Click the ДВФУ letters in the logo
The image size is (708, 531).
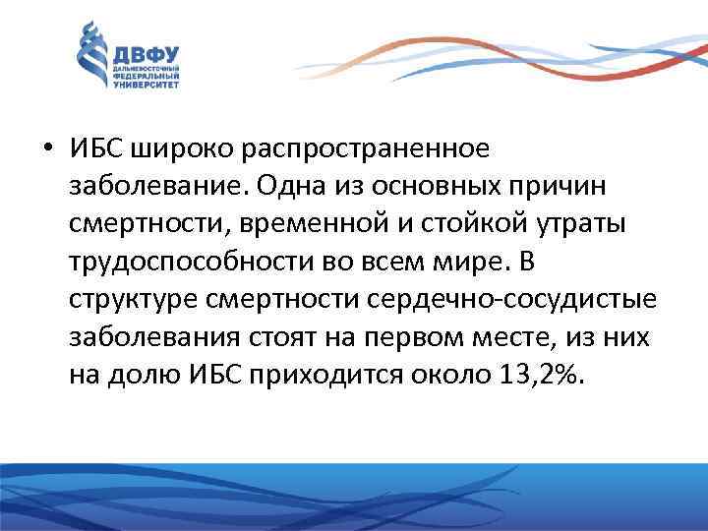(x=142, y=55)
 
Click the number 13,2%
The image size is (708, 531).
(x=543, y=375)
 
